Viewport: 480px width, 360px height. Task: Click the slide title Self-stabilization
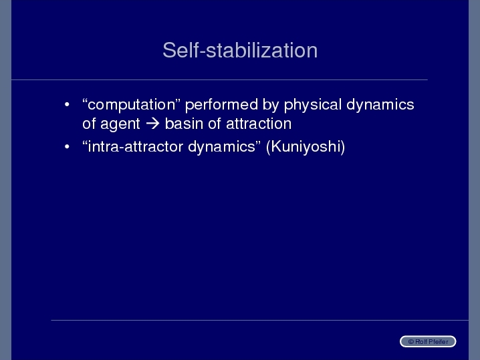pos(240,50)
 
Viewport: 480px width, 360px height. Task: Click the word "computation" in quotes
pos(131,105)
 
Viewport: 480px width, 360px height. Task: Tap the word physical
pos(312,105)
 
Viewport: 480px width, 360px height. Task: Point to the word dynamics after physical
pos(380,105)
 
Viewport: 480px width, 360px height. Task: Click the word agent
pos(120,124)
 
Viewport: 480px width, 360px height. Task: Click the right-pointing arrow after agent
pos(152,124)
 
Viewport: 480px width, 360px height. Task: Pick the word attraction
pos(259,124)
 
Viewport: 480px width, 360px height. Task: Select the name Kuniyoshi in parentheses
pos(306,147)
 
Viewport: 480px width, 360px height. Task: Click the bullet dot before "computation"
pos(67,105)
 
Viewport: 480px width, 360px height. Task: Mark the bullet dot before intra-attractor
pos(67,147)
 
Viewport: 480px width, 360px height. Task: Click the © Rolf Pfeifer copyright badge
pos(428,341)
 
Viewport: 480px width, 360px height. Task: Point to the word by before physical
pos(271,105)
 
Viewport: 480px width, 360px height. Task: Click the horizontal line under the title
pos(219,80)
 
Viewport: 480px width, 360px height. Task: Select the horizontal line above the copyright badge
pos(259,320)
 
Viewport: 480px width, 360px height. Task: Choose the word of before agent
pos(89,124)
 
